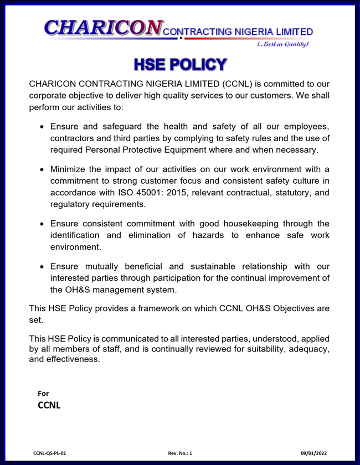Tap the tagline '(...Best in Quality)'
(x=282, y=44)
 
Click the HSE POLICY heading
(x=180, y=64)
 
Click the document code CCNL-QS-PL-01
(x=50, y=453)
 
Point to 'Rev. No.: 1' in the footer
(x=180, y=453)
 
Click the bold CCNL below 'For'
(x=49, y=405)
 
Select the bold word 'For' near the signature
(x=43, y=394)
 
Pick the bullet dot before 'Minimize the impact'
(x=42, y=169)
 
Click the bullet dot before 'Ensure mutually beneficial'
(x=42, y=266)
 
